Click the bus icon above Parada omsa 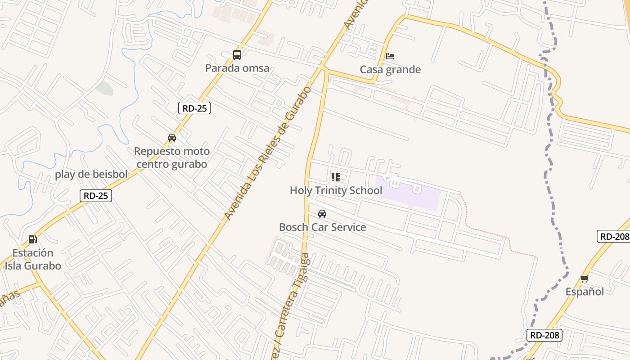coord(237,55)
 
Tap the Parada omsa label coord(237,68)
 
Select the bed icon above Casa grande coord(390,56)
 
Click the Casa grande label coord(390,69)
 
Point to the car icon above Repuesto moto coord(172,138)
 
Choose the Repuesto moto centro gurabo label coord(172,157)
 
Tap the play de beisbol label coord(91,174)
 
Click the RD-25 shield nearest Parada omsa coord(194,108)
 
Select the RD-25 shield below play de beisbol coord(96,196)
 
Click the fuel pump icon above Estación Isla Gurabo coord(32,239)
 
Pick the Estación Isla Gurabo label coord(33,259)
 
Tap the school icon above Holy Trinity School coord(336,177)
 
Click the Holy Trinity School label coord(336,190)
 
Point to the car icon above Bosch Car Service coord(322,214)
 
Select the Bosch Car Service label coord(322,227)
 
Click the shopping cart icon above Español coord(585,279)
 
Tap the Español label coord(585,292)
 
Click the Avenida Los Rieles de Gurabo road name coord(268,153)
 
